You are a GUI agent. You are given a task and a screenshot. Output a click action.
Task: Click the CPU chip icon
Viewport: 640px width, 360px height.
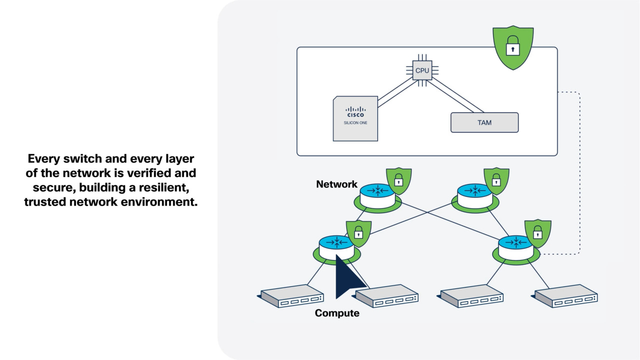[422, 70]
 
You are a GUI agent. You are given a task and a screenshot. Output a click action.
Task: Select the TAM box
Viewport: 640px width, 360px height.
[484, 122]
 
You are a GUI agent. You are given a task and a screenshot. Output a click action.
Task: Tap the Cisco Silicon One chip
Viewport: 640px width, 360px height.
[355, 118]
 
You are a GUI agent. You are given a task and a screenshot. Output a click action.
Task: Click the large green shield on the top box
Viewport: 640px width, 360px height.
[513, 47]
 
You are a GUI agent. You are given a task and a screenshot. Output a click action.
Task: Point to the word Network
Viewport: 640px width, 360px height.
[336, 184]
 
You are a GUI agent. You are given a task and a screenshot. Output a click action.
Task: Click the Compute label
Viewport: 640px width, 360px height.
[337, 313]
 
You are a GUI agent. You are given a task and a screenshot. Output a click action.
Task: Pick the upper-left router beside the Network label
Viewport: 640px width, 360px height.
[378, 195]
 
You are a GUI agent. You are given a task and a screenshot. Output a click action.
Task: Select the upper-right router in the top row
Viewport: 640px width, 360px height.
[475, 195]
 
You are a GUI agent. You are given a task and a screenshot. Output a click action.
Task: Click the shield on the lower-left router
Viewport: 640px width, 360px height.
[358, 233]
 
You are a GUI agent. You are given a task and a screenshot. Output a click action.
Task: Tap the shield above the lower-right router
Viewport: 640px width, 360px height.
[538, 233]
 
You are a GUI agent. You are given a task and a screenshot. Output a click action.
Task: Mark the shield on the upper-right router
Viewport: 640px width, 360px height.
[496, 180]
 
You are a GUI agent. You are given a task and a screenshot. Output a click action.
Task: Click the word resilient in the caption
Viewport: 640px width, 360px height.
[166, 187]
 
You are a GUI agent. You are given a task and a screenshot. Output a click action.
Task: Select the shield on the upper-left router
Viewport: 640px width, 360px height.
[398, 180]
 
